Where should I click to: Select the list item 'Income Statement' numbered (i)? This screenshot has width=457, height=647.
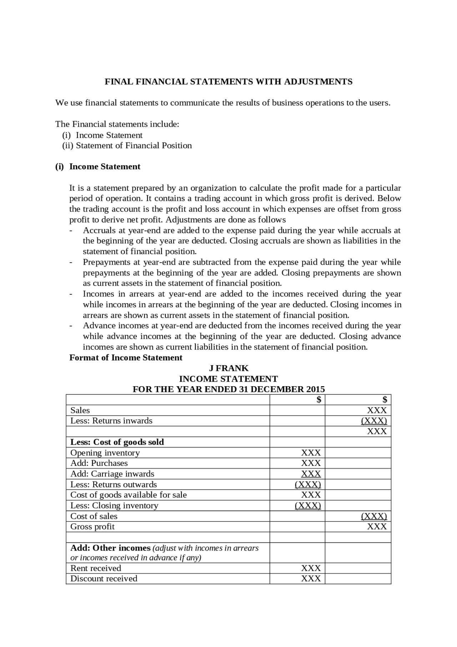click(x=109, y=135)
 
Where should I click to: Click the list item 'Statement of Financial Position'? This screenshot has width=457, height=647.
click(x=134, y=145)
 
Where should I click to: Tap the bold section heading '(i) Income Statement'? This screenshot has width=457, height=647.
click(x=97, y=166)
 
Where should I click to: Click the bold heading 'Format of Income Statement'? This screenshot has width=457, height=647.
click(x=126, y=358)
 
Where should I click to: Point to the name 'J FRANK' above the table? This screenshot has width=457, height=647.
click(x=228, y=368)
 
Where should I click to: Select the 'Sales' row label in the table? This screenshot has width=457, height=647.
click(x=80, y=410)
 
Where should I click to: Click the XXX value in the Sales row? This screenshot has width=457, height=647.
click(x=377, y=410)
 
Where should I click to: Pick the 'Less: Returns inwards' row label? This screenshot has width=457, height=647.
click(x=111, y=421)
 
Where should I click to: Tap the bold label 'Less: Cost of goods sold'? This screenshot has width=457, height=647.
click(x=117, y=442)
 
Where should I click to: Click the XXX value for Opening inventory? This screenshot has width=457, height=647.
click(x=311, y=453)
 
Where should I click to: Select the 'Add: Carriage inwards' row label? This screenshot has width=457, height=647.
click(x=112, y=474)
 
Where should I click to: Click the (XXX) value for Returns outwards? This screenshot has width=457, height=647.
click(x=308, y=484)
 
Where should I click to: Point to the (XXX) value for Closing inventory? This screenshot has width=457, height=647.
click(x=308, y=506)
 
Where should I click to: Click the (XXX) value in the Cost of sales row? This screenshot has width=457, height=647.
click(x=374, y=516)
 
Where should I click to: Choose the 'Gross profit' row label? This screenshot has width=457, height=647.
click(x=92, y=527)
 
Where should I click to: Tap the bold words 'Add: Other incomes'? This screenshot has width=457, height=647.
click(x=110, y=548)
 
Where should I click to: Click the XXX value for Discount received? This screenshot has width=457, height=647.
click(x=311, y=579)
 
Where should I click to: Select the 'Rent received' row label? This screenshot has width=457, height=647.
click(x=96, y=568)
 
